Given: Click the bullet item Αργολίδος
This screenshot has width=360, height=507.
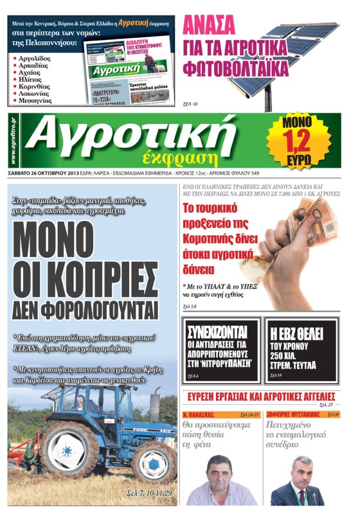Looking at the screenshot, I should pyautogui.click(x=41, y=58).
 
